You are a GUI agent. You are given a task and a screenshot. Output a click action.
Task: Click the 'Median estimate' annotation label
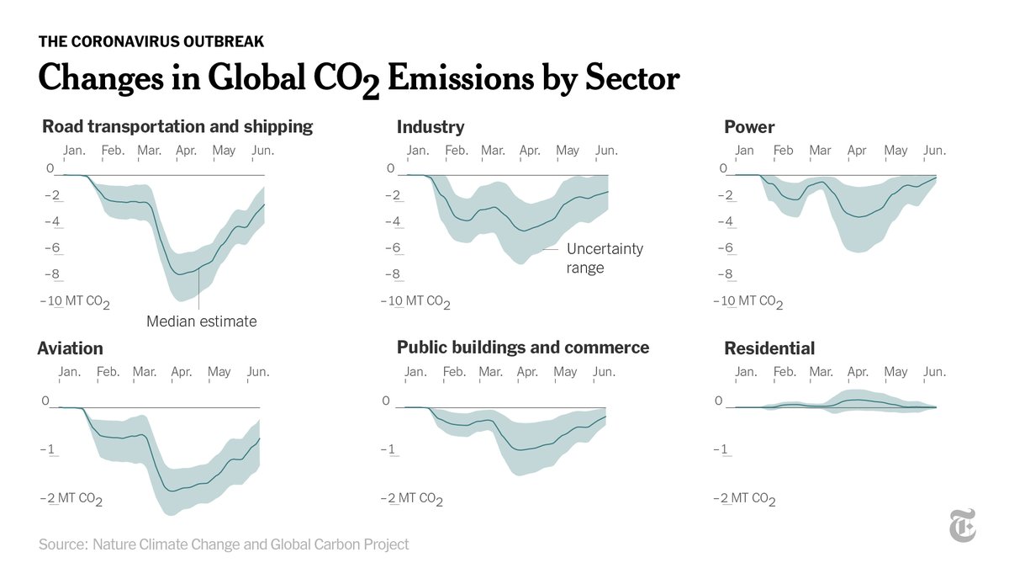(x=201, y=321)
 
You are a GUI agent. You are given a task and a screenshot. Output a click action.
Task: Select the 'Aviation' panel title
(x=71, y=348)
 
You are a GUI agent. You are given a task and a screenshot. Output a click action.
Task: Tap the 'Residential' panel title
(x=769, y=348)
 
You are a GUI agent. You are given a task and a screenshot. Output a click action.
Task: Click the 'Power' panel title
(x=749, y=128)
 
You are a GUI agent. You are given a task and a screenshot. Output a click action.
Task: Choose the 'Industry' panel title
(x=431, y=128)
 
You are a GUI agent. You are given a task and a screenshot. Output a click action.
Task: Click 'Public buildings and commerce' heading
(x=523, y=348)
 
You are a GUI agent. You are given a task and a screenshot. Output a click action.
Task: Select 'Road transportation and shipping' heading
(x=177, y=127)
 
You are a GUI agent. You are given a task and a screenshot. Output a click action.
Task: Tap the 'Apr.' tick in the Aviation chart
(x=181, y=372)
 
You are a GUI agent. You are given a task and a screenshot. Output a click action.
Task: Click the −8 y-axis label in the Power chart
(x=725, y=274)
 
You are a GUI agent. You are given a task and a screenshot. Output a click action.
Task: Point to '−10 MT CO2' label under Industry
(x=415, y=301)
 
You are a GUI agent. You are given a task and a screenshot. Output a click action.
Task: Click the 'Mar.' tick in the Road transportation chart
(x=150, y=151)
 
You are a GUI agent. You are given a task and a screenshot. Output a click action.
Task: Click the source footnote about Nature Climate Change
(x=224, y=544)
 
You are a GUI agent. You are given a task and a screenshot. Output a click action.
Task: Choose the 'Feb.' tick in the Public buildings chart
(x=454, y=372)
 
